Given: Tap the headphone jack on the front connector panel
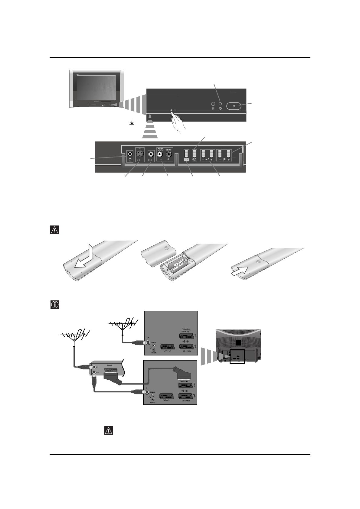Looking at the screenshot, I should [x=130, y=153].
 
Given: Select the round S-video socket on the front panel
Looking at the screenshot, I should [x=139, y=153].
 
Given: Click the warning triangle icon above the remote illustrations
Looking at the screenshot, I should [x=54, y=230].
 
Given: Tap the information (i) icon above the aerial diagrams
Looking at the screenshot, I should [x=54, y=304].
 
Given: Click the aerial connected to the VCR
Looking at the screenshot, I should [x=74, y=336].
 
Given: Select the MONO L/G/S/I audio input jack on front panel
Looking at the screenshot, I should [x=159, y=153].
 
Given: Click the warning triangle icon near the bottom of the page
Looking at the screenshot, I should [x=108, y=431].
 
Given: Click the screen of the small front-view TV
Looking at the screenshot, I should [x=96, y=88].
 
